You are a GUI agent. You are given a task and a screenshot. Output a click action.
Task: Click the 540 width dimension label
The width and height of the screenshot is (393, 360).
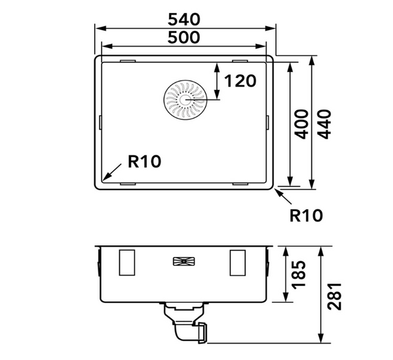pos(184,20)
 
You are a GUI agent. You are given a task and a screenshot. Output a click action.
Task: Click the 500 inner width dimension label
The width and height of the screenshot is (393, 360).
pos(183,37)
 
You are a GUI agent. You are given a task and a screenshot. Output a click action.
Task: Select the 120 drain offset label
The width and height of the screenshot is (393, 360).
pos(240,81)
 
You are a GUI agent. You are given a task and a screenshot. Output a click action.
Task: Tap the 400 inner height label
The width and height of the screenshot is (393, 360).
pos(301,124)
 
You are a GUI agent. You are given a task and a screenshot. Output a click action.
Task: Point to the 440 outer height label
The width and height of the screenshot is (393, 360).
pos(325,124)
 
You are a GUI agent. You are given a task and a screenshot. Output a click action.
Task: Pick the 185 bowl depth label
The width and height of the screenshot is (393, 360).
pos(299,275)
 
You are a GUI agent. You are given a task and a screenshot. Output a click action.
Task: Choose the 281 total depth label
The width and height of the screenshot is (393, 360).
pos(335,296)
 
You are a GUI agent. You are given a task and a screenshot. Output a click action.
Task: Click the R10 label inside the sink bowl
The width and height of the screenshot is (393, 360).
pos(144,161)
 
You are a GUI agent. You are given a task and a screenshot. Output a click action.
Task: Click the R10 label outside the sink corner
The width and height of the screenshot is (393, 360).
pos(306,216)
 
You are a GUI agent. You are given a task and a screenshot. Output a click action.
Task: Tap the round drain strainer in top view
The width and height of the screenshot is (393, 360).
pos(185,100)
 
